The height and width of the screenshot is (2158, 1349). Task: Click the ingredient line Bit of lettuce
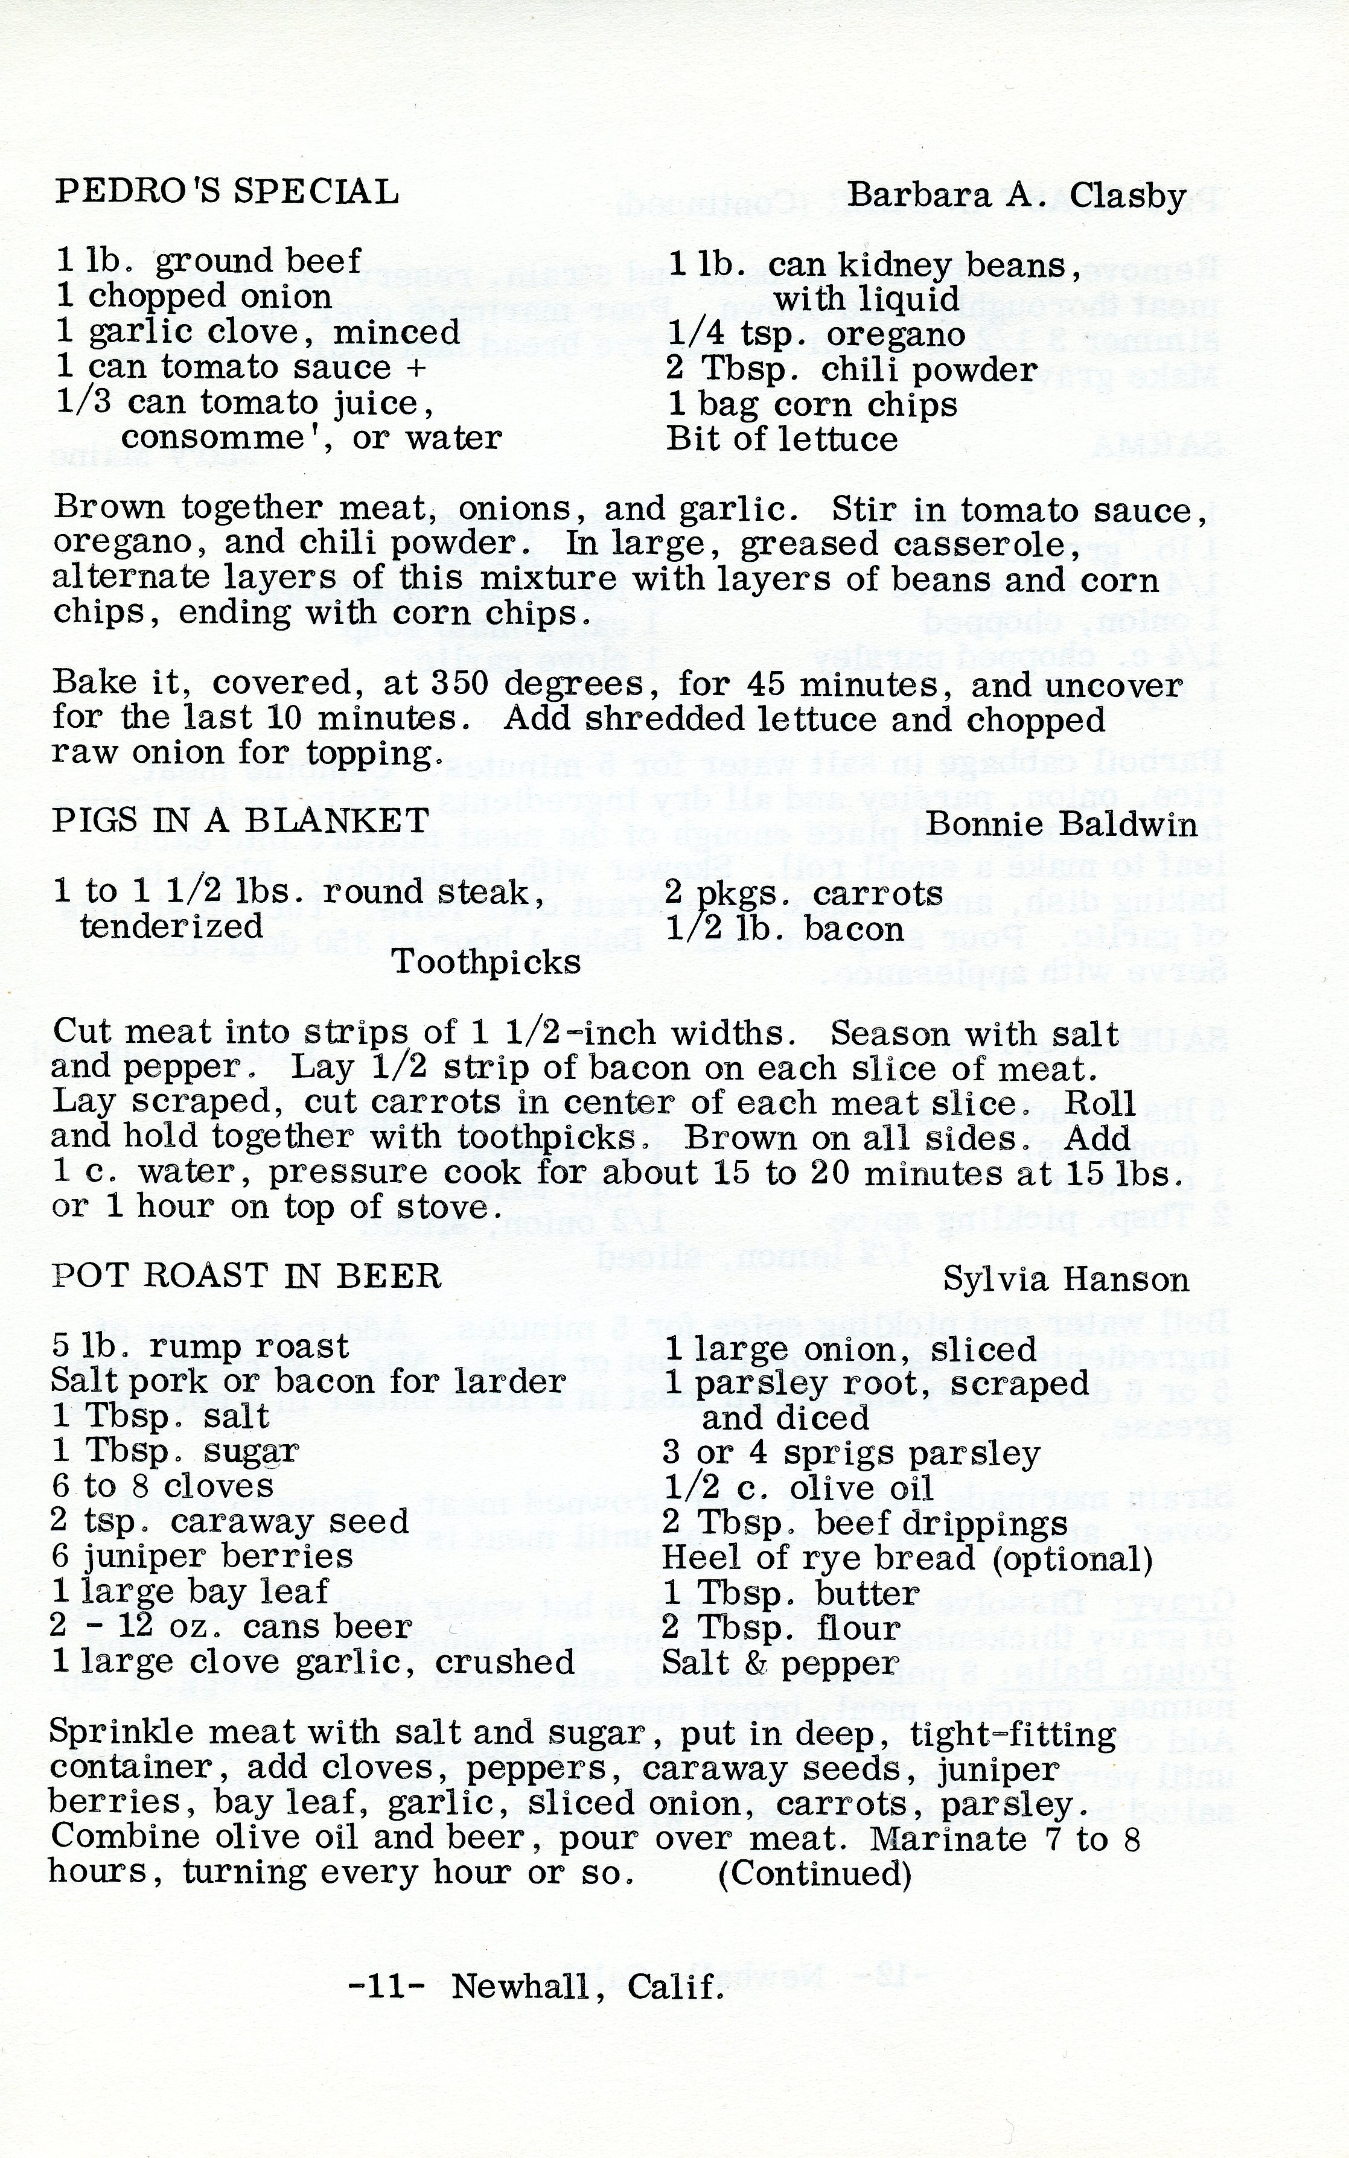(782, 439)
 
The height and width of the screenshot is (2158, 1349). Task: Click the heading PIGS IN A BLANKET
(241, 820)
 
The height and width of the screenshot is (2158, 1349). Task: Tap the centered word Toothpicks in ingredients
(486, 962)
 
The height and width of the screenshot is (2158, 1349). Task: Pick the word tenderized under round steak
(171, 926)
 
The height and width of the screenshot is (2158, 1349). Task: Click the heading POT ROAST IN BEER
(246, 1276)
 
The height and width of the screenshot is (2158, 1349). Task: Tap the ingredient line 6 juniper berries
(202, 1556)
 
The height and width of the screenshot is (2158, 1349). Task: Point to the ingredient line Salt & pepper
(780, 1663)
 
